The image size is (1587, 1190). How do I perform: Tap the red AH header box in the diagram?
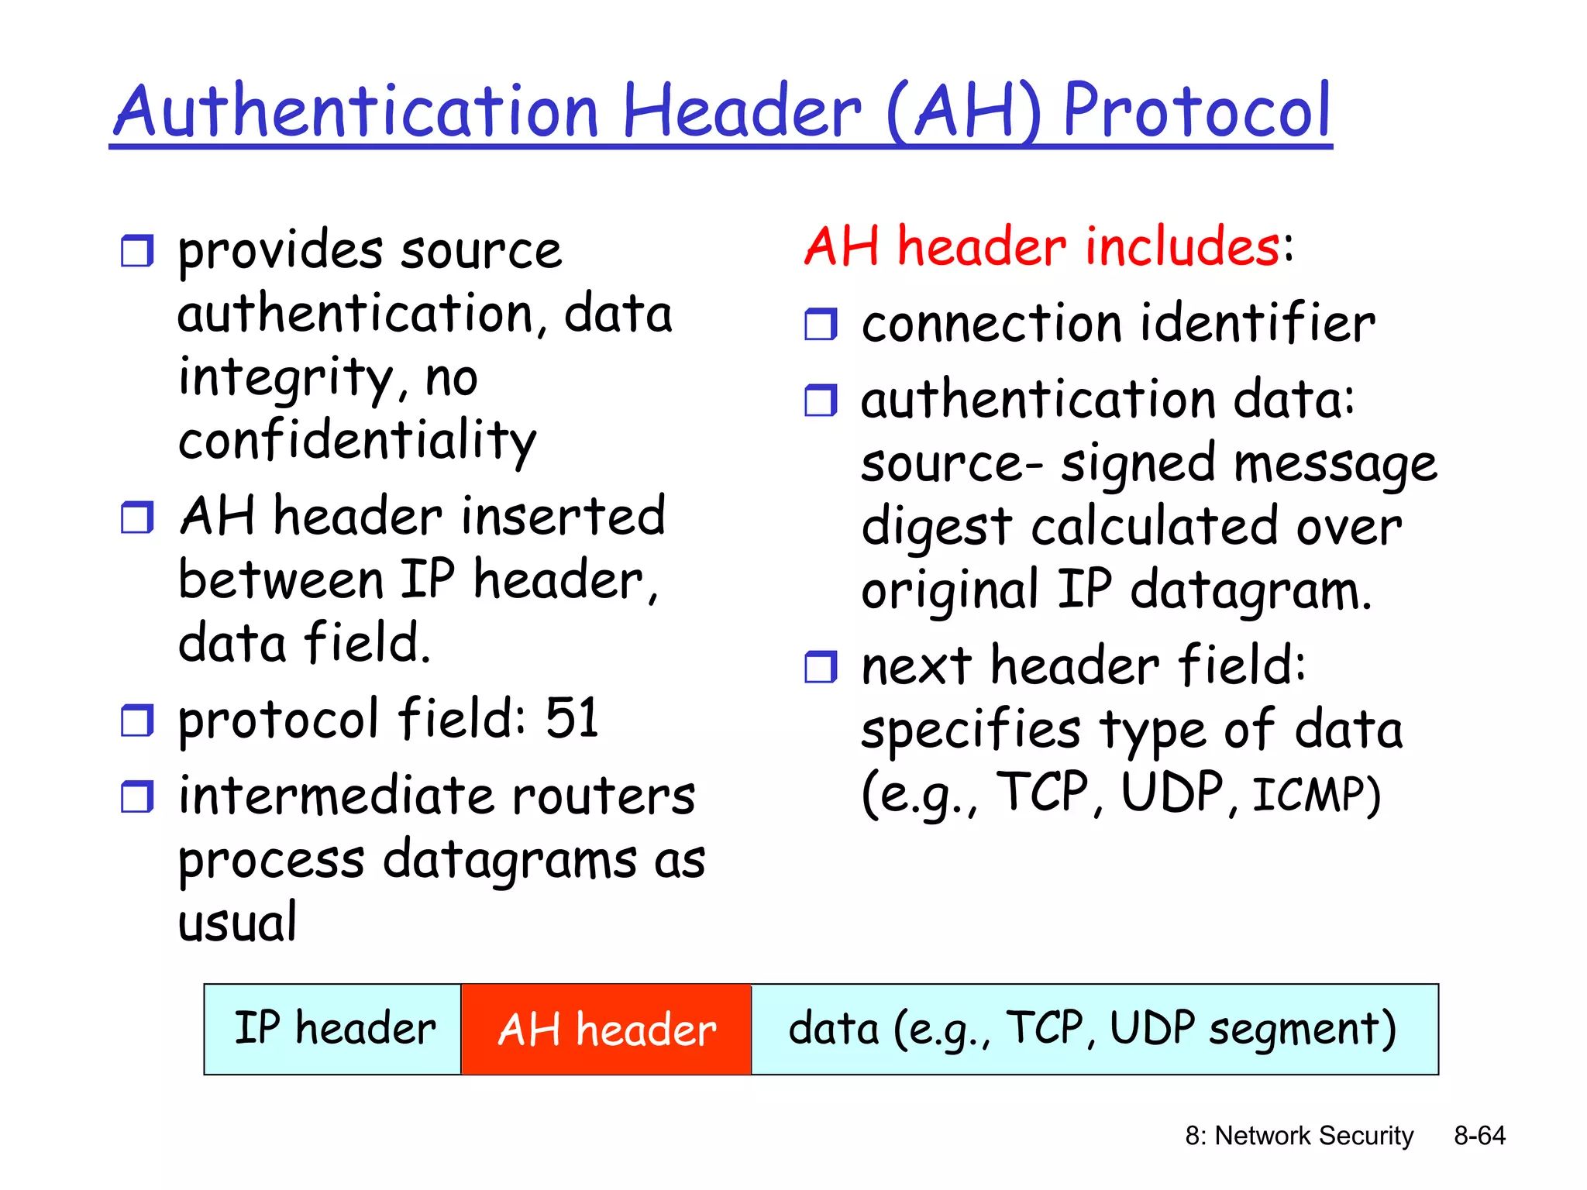606,1030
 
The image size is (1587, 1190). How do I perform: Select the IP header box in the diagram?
333,1030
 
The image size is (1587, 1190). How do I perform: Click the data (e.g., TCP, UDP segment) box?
1093,1030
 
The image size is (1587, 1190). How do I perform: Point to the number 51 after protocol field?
572,718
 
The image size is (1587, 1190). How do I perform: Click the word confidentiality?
356,440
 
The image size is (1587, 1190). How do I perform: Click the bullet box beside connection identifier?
821,324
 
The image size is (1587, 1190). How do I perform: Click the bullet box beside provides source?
137,251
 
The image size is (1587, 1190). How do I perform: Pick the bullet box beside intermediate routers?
137,796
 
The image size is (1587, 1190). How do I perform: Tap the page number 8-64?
1479,1135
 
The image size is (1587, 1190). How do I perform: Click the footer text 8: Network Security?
1299,1135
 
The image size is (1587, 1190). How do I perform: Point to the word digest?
936,528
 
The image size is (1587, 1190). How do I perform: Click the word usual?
237,923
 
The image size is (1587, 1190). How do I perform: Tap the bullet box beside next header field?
821,666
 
